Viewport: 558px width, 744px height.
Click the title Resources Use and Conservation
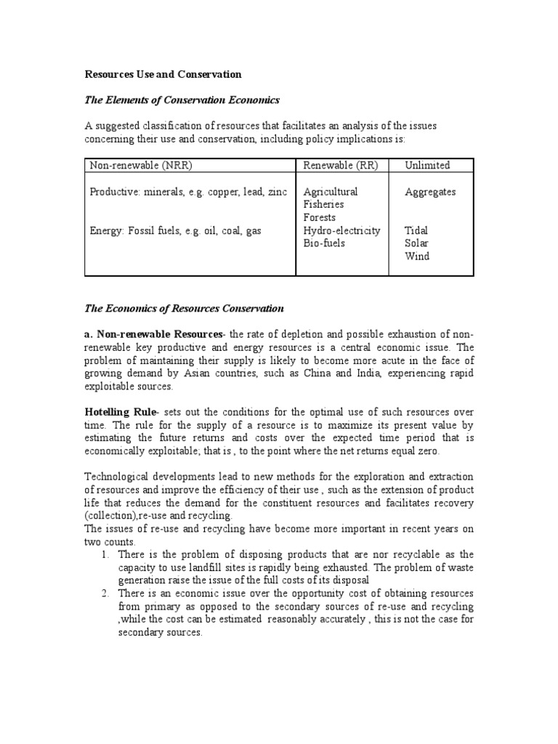pyautogui.click(x=163, y=74)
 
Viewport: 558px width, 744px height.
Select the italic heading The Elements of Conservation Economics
pyautogui.click(x=182, y=100)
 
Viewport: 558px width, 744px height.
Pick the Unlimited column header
pyautogui.click(x=427, y=165)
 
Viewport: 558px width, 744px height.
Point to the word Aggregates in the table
pyautogui.click(x=430, y=192)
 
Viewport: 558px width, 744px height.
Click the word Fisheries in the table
pyautogui.click(x=324, y=205)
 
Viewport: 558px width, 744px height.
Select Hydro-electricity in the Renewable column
pyautogui.click(x=341, y=230)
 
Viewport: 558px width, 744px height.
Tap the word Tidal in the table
pyautogui.click(x=417, y=230)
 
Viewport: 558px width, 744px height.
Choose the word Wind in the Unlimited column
pyautogui.click(x=417, y=256)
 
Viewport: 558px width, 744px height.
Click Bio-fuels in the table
pyautogui.click(x=324, y=243)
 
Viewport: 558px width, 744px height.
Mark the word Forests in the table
pyautogui.click(x=320, y=217)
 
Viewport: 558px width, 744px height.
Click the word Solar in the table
pyautogui.click(x=417, y=243)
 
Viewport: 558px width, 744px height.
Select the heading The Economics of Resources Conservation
pyautogui.click(x=185, y=308)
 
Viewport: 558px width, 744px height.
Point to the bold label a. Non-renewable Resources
pyautogui.click(x=154, y=333)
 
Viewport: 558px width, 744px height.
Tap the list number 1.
pyautogui.click(x=106, y=553)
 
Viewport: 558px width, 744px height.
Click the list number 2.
pyautogui.click(x=106, y=594)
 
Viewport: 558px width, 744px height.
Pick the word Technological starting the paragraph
pyautogui.click(x=121, y=476)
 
